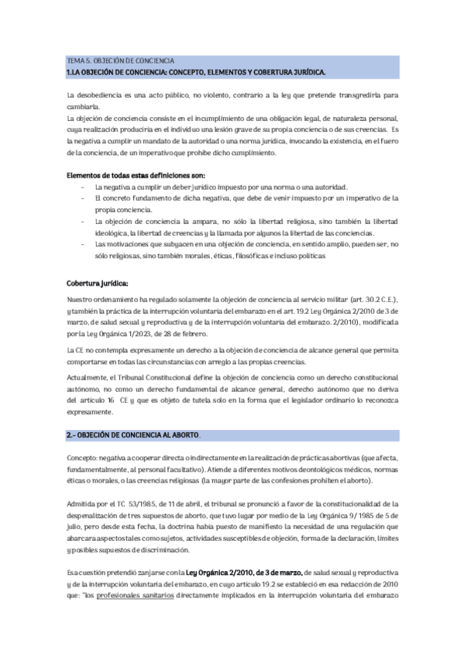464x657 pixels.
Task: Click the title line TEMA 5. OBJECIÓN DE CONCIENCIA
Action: pos(121,60)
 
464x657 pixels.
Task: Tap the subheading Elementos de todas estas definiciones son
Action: pos(129,175)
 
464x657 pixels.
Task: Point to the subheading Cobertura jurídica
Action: pos(98,283)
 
